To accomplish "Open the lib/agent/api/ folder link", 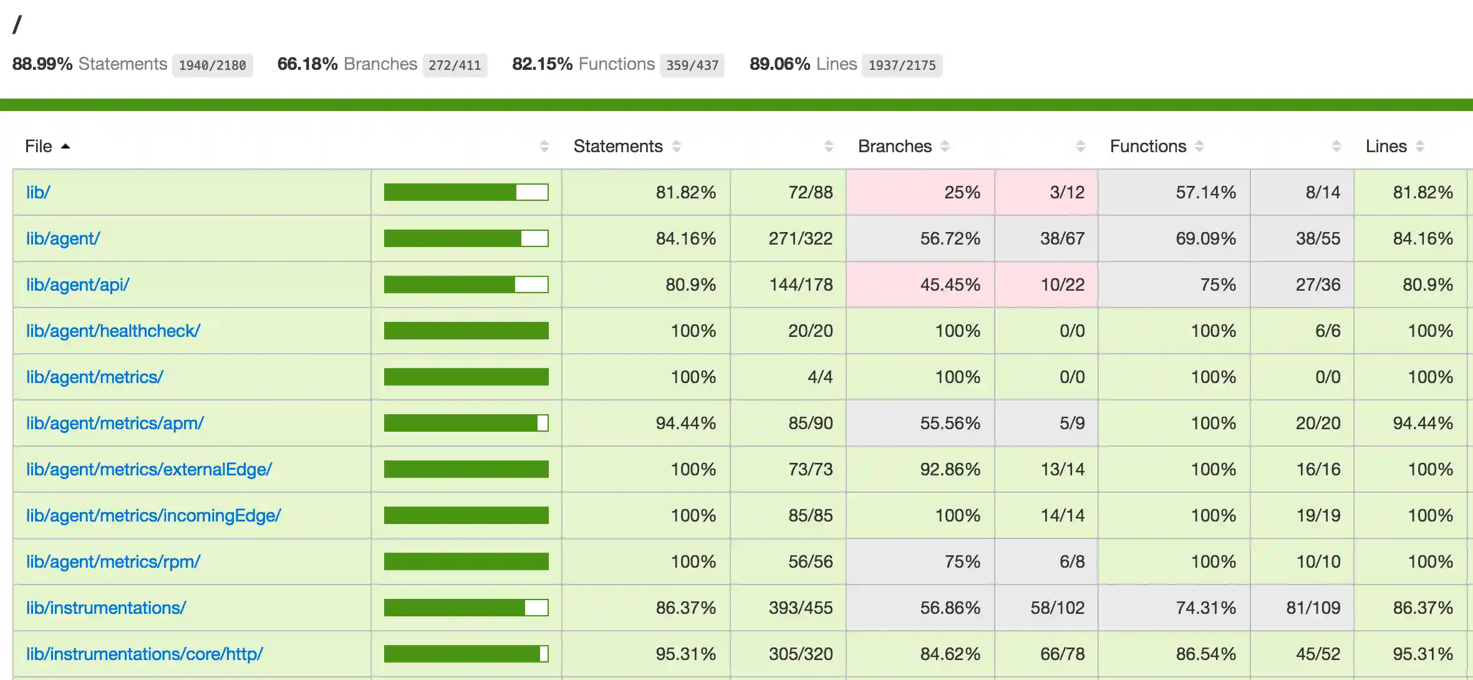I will (77, 284).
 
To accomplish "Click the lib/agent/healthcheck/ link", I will (113, 331).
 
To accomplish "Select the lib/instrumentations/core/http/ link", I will (144, 654).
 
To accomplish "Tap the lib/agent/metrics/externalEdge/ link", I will (148, 469).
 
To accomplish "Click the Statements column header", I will (618, 146).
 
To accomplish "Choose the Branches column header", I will (894, 146).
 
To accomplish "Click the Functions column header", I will (1147, 146).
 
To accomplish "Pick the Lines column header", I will (1386, 146).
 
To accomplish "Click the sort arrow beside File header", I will (65, 146).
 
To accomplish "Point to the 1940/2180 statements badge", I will (212, 65).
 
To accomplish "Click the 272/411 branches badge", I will (455, 65).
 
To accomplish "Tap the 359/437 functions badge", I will (692, 65).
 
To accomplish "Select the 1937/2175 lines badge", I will (902, 65).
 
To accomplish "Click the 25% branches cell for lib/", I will (962, 192).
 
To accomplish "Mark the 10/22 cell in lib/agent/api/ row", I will (1062, 284).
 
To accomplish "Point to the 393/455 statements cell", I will (800, 608).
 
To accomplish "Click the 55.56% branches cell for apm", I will (950, 423).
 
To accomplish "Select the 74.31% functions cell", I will (1205, 608).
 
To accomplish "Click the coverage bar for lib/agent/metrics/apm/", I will (466, 423).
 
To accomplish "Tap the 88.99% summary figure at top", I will (42, 64).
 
